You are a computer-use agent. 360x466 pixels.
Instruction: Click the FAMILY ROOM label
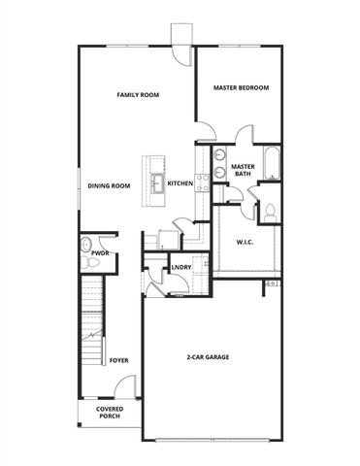click(x=138, y=95)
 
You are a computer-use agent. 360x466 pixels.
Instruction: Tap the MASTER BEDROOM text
click(x=241, y=88)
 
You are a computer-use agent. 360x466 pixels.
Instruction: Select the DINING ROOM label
click(x=109, y=185)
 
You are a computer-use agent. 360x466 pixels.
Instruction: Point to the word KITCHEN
click(x=180, y=183)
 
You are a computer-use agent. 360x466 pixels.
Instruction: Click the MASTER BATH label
click(x=243, y=171)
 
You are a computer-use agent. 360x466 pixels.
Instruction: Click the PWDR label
click(x=86, y=253)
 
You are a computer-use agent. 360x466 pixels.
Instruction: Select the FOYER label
click(x=118, y=360)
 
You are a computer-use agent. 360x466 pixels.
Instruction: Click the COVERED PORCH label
click(x=109, y=414)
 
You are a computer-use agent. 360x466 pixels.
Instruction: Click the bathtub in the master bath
click(x=274, y=166)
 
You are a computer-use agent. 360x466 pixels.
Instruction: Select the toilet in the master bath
click(x=271, y=210)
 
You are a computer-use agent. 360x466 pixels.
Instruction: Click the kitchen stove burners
click(x=203, y=183)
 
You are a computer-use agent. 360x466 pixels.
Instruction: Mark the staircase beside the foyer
click(x=90, y=320)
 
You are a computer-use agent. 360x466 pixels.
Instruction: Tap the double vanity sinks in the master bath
click(x=218, y=166)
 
